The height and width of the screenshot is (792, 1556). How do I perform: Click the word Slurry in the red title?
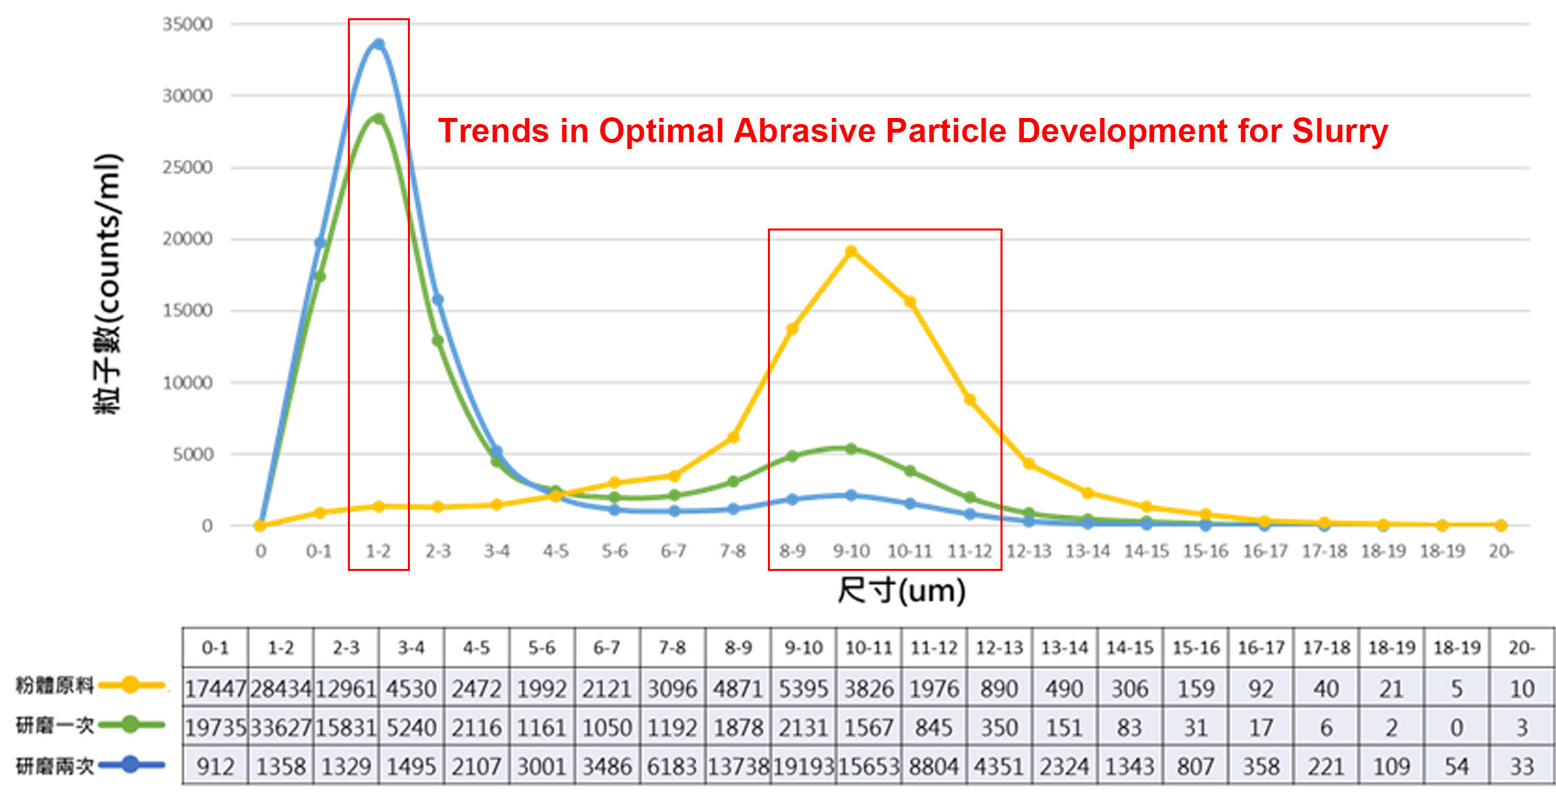coord(1340,131)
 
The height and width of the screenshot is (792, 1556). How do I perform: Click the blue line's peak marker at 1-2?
coord(379,44)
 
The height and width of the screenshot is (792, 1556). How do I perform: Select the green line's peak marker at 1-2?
coord(379,119)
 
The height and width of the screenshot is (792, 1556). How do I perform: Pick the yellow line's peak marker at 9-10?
coord(851,251)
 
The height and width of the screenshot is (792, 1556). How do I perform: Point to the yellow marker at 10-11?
coord(910,301)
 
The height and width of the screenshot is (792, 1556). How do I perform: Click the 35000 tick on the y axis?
coord(187,24)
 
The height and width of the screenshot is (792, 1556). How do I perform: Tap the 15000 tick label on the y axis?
coord(187,311)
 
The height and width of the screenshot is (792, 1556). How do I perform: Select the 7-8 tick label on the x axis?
coord(733,551)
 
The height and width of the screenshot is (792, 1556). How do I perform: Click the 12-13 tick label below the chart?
coord(1029,551)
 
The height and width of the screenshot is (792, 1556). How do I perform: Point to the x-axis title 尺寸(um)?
coord(901,590)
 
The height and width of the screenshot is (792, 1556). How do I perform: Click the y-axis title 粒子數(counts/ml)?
coord(108,283)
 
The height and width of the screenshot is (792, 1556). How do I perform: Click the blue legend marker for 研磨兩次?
coord(131,765)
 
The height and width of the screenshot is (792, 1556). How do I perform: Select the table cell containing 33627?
coord(281,728)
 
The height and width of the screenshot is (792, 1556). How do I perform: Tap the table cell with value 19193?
coord(803,767)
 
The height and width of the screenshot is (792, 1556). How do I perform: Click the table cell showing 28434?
coord(281,689)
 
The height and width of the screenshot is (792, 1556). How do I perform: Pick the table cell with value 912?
coord(216,767)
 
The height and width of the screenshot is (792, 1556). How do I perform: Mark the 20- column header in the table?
coord(1522,648)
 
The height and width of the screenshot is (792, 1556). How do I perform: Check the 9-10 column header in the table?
coord(803,648)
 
